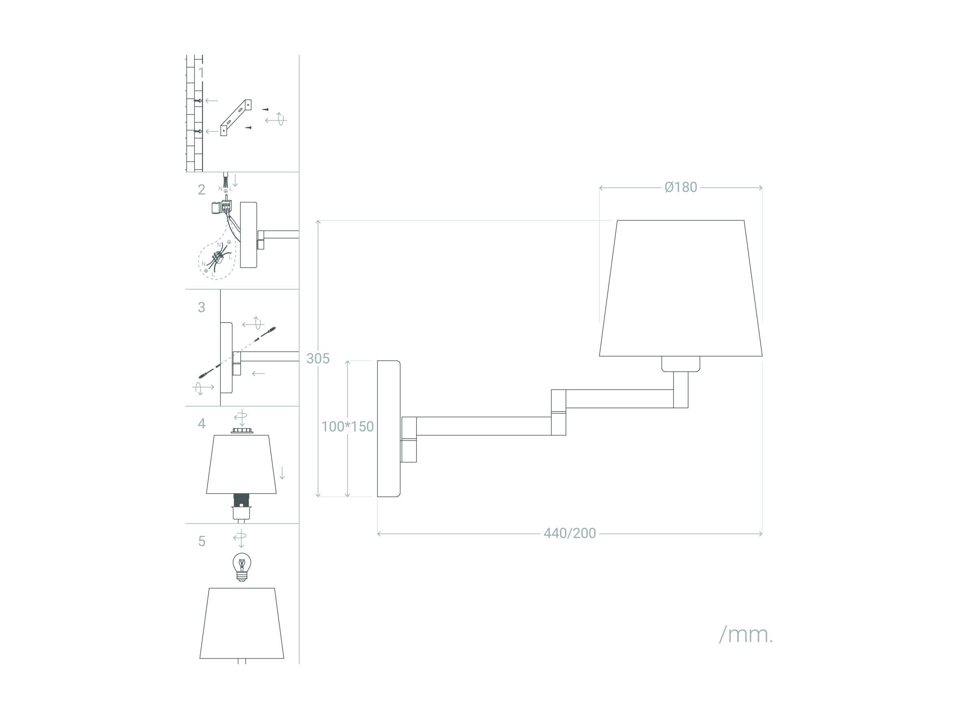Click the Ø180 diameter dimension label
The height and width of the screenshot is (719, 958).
[681, 187]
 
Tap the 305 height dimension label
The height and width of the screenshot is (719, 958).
[318, 358]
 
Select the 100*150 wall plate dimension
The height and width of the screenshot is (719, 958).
[347, 427]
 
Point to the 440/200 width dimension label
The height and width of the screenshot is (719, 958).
[570, 533]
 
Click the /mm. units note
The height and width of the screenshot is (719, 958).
[746, 635]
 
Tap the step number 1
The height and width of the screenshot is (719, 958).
[201, 73]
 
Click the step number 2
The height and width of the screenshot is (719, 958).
[201, 189]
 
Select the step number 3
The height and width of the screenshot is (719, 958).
[201, 307]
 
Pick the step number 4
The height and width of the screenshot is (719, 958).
[201, 423]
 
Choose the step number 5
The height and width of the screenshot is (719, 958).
[202, 541]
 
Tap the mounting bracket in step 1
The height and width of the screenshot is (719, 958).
[236, 117]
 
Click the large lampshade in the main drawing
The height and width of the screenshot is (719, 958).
[680, 288]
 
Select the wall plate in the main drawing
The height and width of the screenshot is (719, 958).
[388, 429]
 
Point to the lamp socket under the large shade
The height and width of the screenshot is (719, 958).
[680, 364]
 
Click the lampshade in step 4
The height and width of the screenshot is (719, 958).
[241, 464]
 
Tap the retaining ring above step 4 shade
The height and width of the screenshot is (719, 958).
[242, 430]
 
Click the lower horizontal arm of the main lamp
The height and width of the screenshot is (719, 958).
[484, 426]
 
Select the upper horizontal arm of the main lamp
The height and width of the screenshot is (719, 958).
[619, 399]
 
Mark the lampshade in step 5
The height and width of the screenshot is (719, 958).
[242, 623]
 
